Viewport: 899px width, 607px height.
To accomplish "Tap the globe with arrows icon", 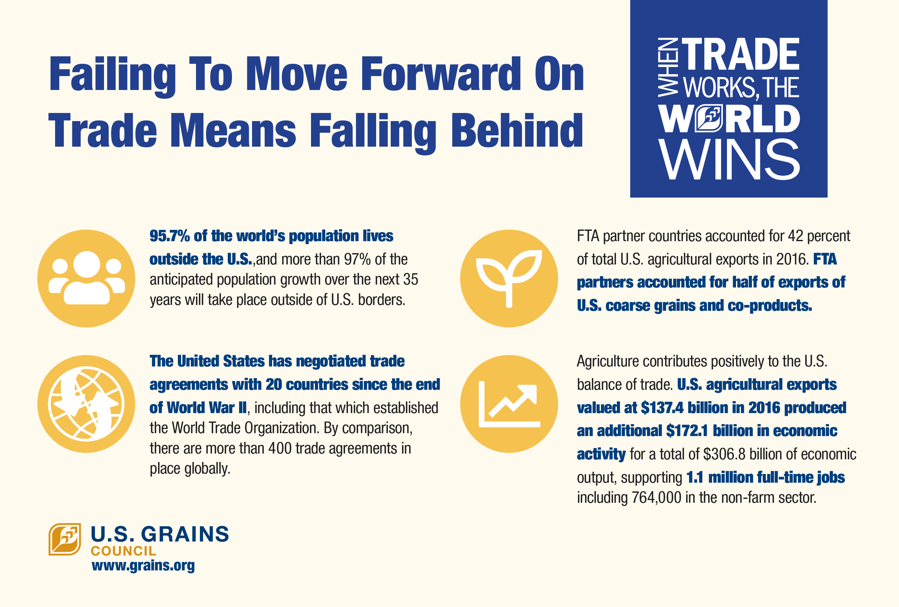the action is (x=86, y=404).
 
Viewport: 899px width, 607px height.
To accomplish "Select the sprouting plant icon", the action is (x=509, y=278).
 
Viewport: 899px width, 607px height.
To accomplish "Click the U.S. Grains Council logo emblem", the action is (x=64, y=539).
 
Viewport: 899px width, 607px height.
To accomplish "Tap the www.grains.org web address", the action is (x=143, y=566).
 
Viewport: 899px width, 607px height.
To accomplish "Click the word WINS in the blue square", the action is (x=730, y=160).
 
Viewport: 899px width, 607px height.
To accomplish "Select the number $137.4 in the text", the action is (x=662, y=408).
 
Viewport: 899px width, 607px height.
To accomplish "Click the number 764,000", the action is (x=656, y=498).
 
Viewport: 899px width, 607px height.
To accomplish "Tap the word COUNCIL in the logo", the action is (x=123, y=551).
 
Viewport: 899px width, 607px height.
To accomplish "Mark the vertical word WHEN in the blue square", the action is (x=668, y=67).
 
